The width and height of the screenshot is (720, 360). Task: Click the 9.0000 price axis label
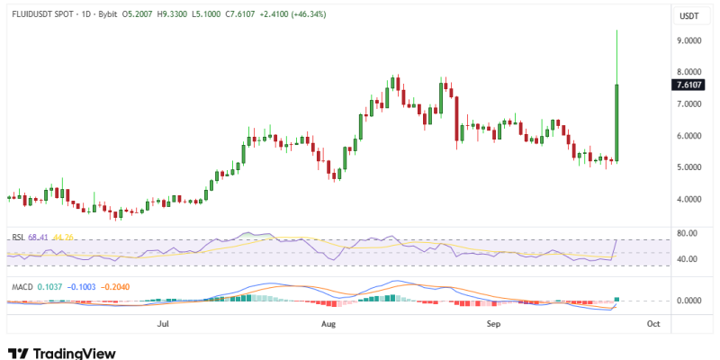[688, 40]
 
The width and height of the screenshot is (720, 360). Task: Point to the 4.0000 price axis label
[688, 199]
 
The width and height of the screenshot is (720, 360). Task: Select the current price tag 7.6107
[688, 85]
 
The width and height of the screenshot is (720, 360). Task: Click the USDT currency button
[688, 15]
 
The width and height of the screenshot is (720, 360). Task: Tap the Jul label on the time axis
[163, 321]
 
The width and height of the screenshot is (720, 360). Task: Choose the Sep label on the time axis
[492, 321]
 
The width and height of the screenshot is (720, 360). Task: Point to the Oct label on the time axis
[653, 321]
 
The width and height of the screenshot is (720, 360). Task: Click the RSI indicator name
[17, 238]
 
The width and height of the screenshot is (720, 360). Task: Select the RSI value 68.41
[39, 238]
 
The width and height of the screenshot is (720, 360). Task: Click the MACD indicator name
[22, 286]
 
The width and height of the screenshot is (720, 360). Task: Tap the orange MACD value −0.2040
[118, 286]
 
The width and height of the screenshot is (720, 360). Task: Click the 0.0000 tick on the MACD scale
[688, 300]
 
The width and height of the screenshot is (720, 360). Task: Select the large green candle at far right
[617, 122]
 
